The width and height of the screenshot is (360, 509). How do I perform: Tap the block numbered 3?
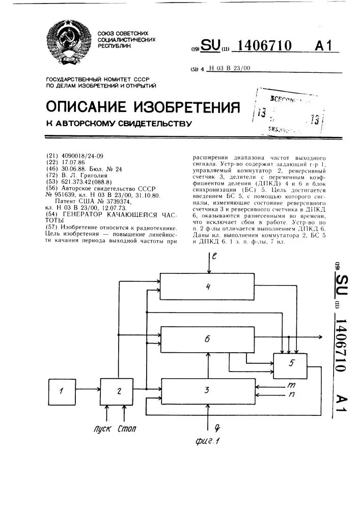point(207,391)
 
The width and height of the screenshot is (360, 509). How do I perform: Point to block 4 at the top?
point(207,286)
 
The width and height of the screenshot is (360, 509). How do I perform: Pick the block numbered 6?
point(207,339)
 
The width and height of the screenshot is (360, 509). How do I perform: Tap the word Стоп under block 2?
point(127,429)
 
